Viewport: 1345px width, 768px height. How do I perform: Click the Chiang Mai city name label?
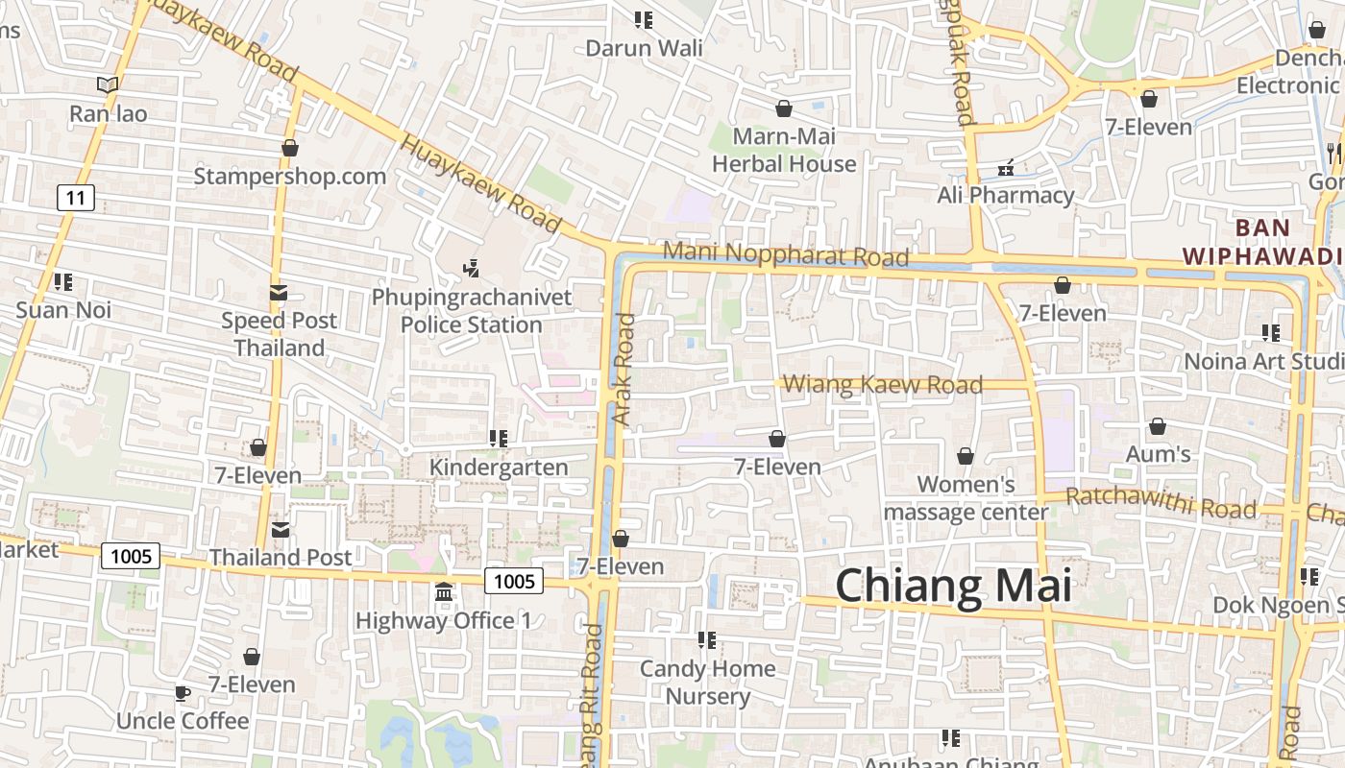(x=953, y=585)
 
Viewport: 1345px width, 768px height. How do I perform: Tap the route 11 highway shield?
(x=76, y=199)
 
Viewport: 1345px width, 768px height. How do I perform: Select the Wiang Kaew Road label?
(x=882, y=384)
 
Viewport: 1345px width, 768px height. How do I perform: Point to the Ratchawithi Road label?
(x=1161, y=501)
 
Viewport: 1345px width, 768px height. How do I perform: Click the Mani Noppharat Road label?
(x=785, y=254)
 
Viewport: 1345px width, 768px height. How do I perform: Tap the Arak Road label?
(x=624, y=370)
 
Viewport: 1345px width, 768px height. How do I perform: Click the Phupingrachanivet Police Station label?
(x=472, y=311)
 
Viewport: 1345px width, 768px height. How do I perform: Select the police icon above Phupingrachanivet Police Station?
(x=471, y=268)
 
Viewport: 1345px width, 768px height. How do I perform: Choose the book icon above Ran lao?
(x=108, y=84)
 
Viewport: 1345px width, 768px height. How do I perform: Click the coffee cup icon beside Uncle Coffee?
(x=183, y=693)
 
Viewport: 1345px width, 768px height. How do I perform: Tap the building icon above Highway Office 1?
(x=443, y=592)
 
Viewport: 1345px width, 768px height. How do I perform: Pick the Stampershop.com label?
(x=290, y=176)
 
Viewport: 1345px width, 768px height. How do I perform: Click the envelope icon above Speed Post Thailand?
(x=279, y=292)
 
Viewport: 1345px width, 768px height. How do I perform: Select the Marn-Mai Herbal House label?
(x=784, y=150)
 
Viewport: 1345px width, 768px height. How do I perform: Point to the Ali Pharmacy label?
(x=1005, y=195)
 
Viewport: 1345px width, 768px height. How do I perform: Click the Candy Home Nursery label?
(x=708, y=682)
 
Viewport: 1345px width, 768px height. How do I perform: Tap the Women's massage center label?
(x=966, y=497)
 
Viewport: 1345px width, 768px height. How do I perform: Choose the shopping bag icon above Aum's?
(x=1158, y=426)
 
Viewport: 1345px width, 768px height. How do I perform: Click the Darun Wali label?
(x=644, y=47)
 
